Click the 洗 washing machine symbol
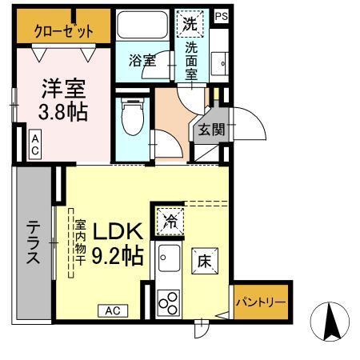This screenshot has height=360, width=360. point(191,25)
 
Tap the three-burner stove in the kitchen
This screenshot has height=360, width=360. point(169,302)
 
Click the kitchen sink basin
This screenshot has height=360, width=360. point(169,261)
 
